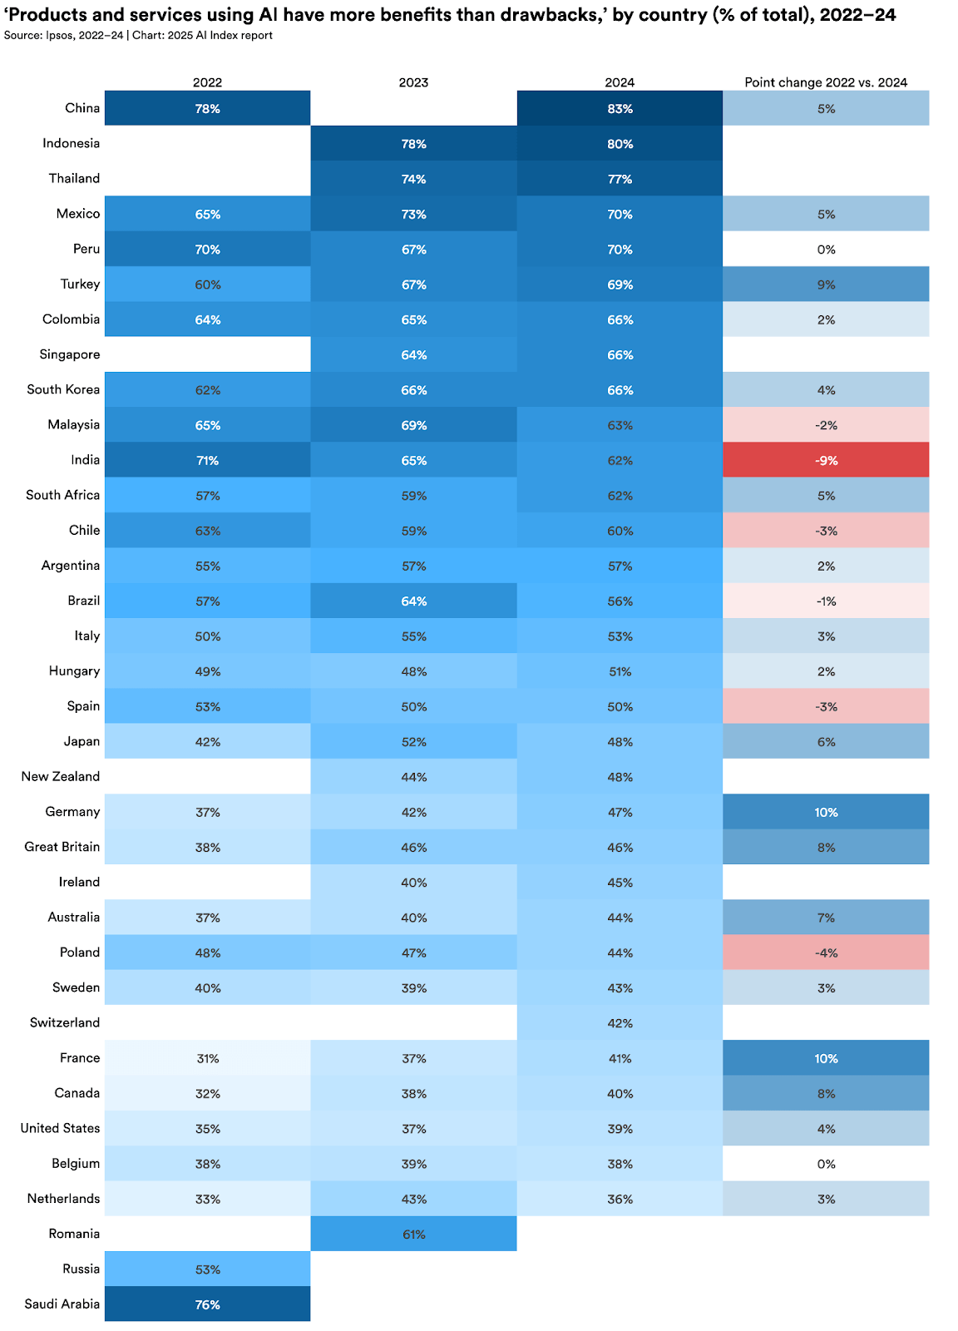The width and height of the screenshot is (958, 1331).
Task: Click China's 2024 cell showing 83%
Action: pos(620,108)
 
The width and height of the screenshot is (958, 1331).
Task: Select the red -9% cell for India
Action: pos(826,460)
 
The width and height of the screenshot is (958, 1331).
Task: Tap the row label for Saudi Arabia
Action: pos(62,1304)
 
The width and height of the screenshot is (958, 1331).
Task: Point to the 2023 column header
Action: pos(413,82)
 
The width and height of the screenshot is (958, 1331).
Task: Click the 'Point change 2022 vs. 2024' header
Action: pos(826,82)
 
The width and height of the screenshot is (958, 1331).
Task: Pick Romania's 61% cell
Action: pos(413,1234)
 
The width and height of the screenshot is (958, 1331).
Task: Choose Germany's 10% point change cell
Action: pos(826,812)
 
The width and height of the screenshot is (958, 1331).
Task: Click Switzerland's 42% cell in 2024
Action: pos(620,1022)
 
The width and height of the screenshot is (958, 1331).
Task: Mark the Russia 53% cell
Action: pos(207,1269)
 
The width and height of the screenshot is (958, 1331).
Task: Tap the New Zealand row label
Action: pos(61,776)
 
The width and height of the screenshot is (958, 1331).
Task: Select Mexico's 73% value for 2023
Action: pos(413,214)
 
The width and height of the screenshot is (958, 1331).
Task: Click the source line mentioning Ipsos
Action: pos(138,35)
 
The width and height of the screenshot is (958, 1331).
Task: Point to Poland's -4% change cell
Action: pos(826,952)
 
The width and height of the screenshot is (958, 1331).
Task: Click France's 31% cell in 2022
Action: pos(207,1058)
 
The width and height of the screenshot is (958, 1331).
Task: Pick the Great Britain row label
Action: pos(62,847)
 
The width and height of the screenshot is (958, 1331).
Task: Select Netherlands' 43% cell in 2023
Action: pos(413,1199)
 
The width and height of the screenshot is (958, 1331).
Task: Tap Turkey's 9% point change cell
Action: pos(826,285)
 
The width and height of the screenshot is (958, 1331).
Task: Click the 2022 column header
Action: pos(207,82)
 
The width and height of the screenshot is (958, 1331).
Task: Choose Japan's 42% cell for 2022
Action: pos(207,741)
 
